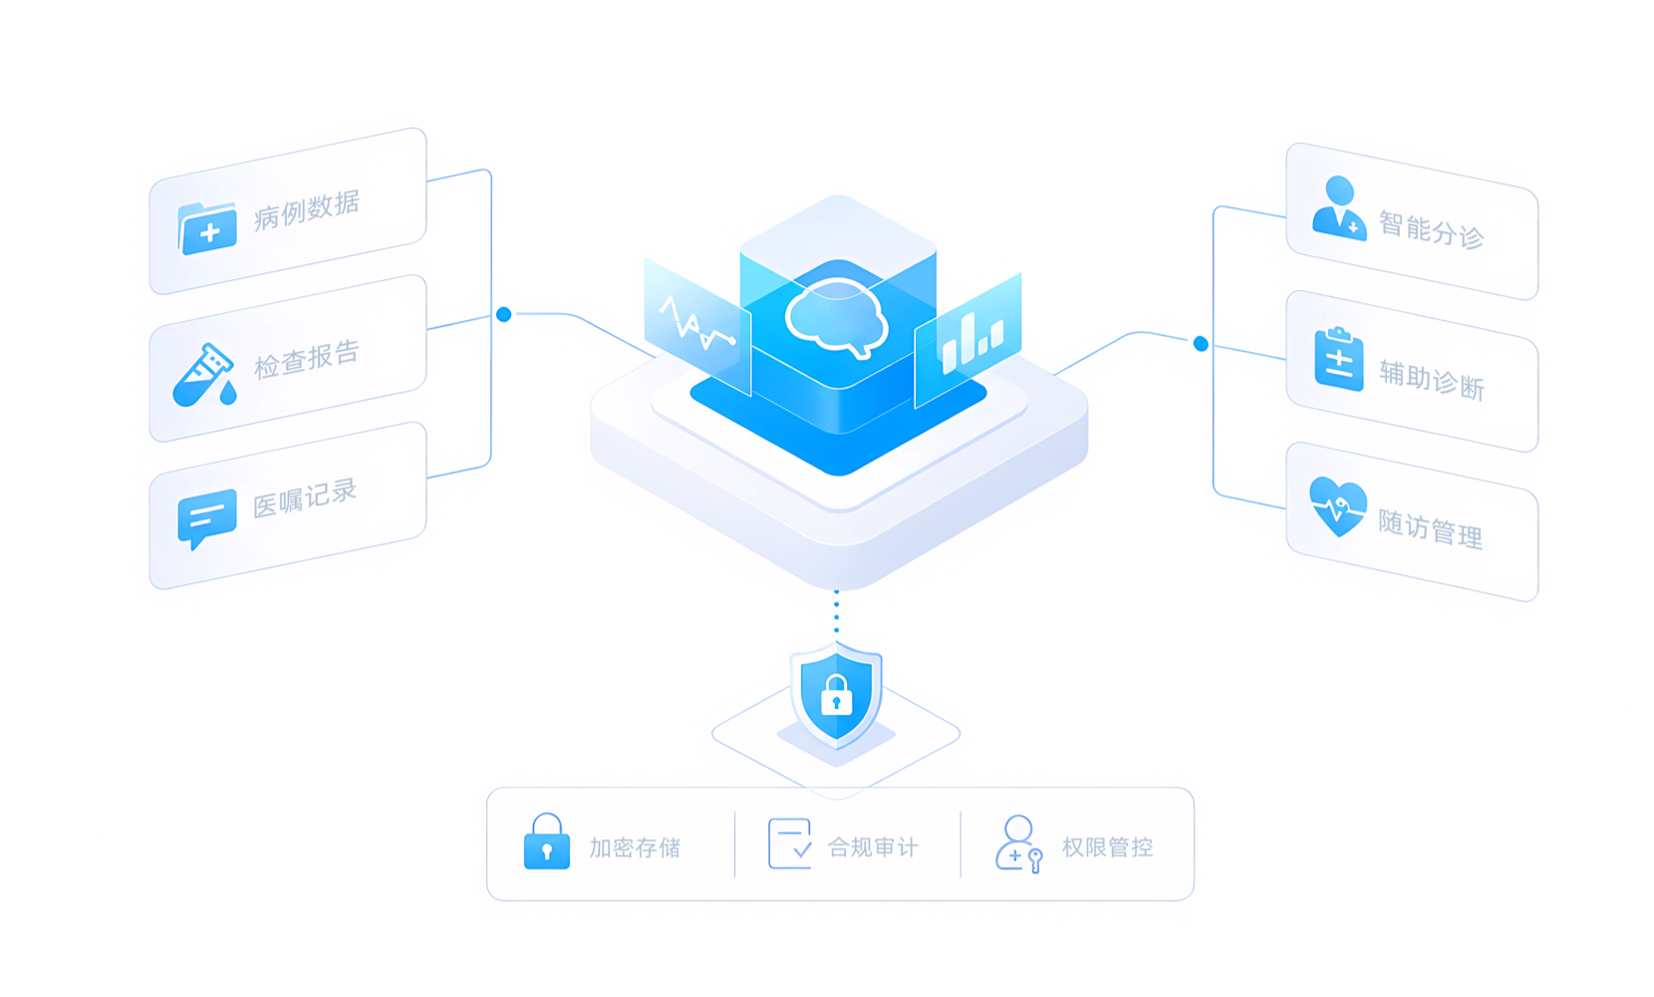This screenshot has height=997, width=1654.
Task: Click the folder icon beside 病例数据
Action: tap(207, 228)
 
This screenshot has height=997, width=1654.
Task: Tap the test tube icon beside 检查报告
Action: tap(204, 375)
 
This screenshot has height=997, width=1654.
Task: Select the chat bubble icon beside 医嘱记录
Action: tap(207, 518)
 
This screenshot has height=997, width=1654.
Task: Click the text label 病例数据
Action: tap(307, 210)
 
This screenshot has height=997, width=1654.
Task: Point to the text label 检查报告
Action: tap(307, 360)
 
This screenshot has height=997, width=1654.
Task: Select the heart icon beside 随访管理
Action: tap(1337, 507)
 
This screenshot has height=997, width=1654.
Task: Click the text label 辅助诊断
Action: tap(1432, 380)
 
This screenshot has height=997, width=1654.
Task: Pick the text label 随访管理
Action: tap(1430, 528)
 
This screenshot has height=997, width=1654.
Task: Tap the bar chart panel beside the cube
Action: tap(968, 340)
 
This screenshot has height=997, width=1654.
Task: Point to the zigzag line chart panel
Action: tap(697, 327)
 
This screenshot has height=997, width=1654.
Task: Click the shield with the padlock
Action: tap(837, 696)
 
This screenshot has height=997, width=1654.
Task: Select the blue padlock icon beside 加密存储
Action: tap(546, 841)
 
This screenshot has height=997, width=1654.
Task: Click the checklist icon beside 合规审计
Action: tap(790, 843)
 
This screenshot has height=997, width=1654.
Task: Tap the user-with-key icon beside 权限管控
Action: tap(1019, 844)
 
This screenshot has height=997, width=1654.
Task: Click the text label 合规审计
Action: tap(873, 847)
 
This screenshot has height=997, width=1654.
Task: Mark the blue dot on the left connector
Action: tap(504, 315)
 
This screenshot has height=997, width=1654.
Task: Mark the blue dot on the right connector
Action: tap(1202, 344)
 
